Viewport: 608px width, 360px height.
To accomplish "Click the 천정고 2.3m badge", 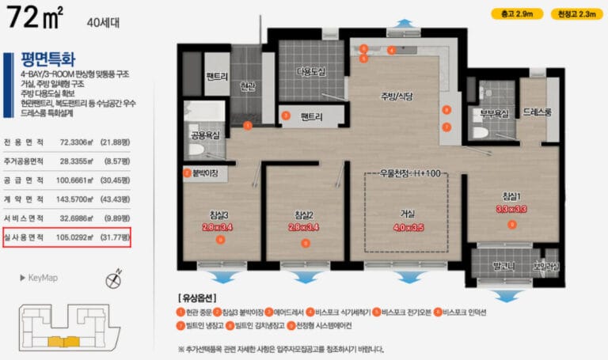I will click(x=568, y=13).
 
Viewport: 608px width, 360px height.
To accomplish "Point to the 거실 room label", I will click(x=408, y=211).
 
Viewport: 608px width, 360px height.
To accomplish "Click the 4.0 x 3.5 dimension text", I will click(x=408, y=227).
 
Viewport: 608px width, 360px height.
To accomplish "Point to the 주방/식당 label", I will click(x=397, y=97).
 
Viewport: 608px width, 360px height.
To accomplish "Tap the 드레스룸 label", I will click(x=538, y=113).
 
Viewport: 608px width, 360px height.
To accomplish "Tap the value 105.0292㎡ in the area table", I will click(x=86, y=237).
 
